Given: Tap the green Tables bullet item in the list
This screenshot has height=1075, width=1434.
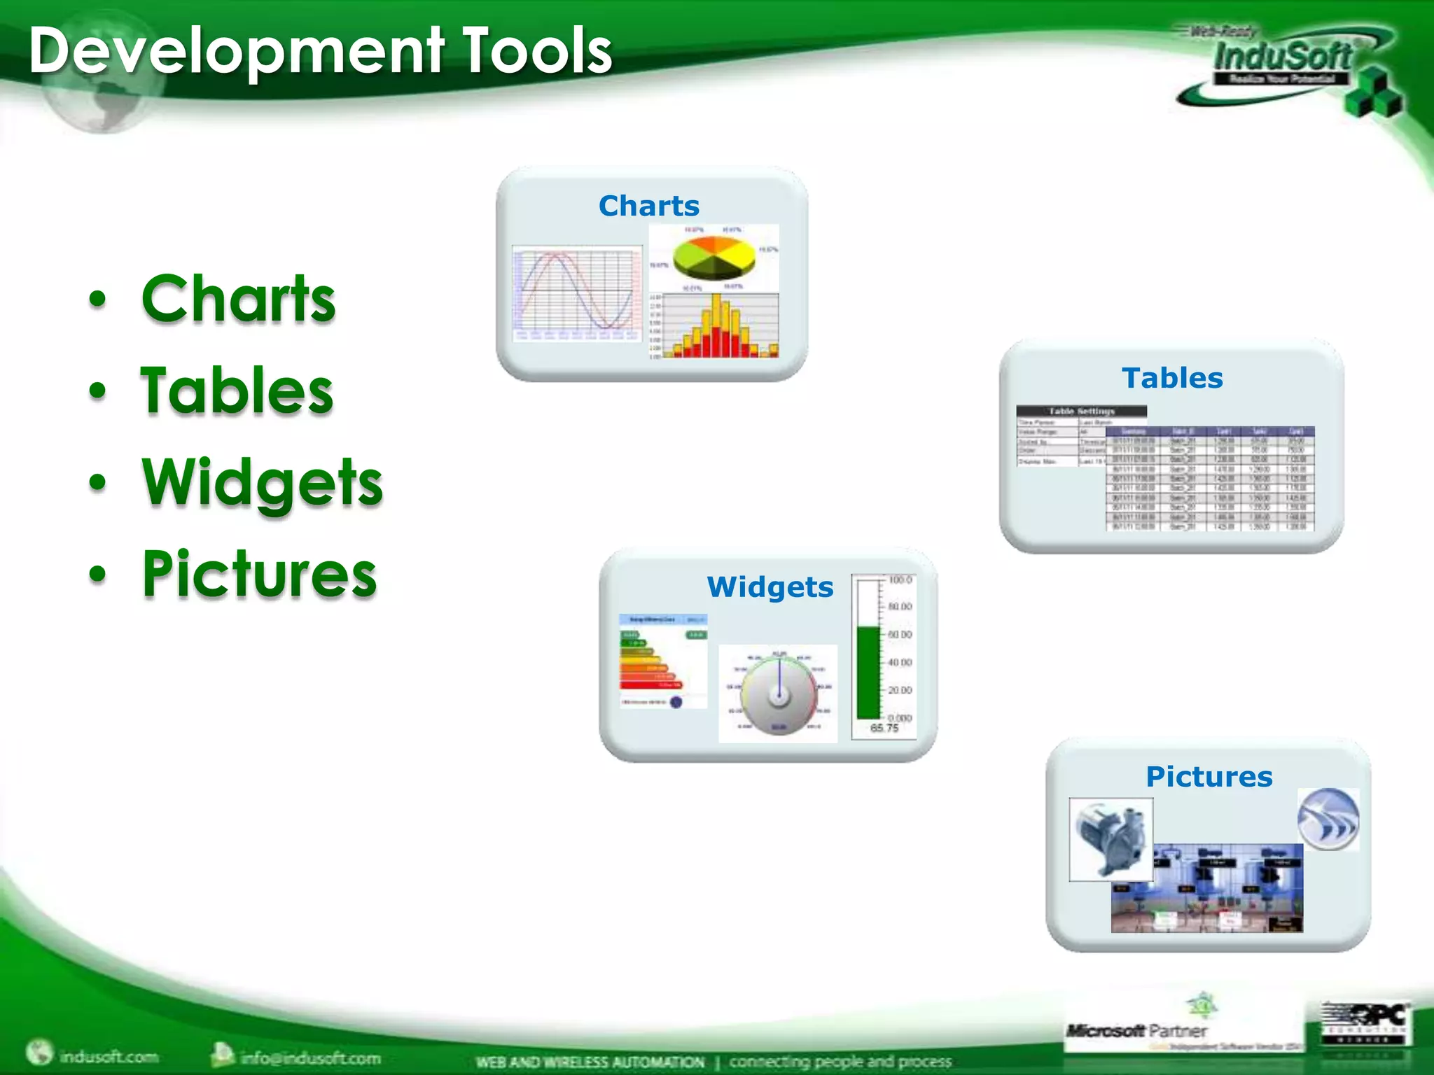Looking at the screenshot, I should coord(237,390).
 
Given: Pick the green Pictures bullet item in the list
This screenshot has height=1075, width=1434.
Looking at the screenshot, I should coord(259,573).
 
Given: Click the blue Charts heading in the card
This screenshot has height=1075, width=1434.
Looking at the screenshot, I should coord(648,206).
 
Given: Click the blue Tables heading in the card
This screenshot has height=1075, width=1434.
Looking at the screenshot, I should coord(1172,378).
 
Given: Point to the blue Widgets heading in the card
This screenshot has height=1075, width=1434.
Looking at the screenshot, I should coord(770,586).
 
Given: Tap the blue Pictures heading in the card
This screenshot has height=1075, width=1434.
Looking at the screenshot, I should coord(1209,776).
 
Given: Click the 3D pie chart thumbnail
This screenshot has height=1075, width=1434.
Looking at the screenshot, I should coord(714,257).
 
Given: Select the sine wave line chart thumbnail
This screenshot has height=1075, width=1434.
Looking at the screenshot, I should coord(577,293).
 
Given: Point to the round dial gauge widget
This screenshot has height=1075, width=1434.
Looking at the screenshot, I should coord(779,693).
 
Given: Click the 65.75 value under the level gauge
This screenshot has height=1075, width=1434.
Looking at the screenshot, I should coord(884,728).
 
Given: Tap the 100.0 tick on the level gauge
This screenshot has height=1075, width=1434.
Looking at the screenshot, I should coord(900,579).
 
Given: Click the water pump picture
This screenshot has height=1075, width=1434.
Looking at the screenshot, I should coord(1111,838).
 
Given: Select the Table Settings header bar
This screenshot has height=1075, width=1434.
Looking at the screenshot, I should coord(1081,411).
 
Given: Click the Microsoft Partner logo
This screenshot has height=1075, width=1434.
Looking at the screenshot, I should coord(1136,1030).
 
